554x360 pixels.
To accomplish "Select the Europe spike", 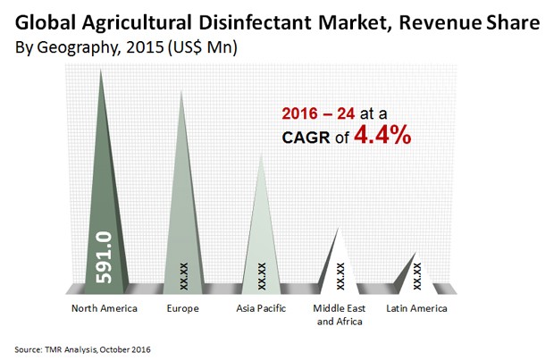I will [x=182, y=214].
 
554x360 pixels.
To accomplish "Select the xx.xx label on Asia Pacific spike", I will [x=262, y=272].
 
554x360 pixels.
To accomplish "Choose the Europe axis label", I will [x=182, y=308].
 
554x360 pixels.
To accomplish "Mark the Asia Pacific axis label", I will [x=261, y=308].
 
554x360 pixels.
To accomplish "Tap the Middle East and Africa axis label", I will [x=340, y=314].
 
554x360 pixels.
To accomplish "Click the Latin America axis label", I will [x=416, y=308].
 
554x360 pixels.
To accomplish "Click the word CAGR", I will [x=305, y=139].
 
